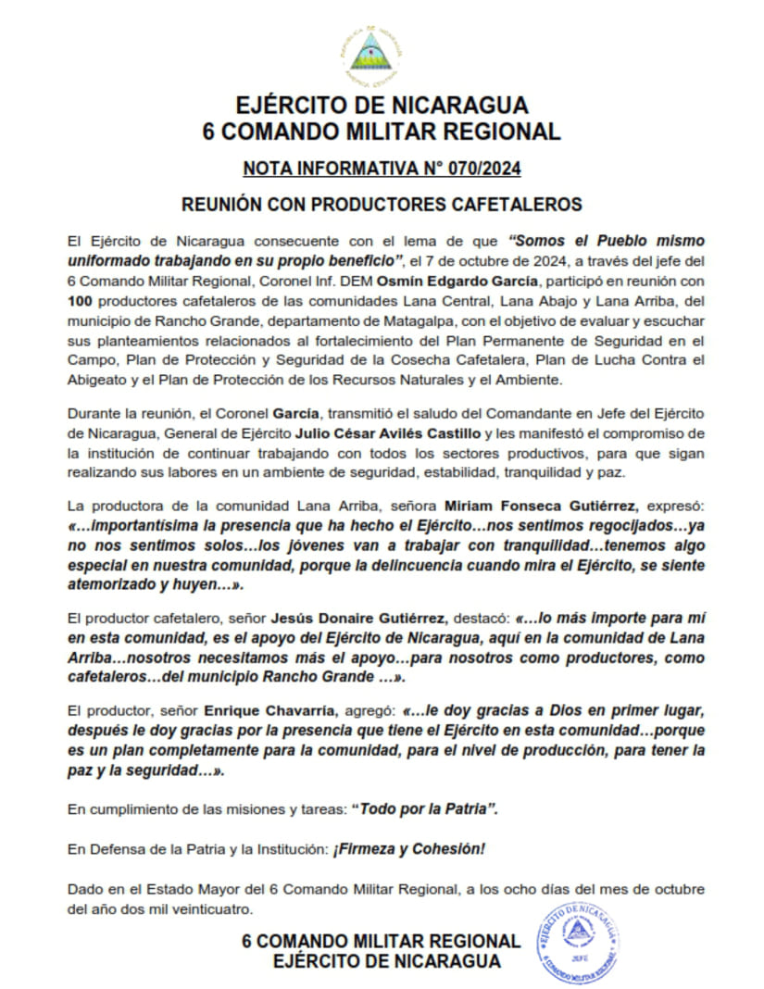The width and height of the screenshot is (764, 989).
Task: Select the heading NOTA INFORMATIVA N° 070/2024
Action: (x=381, y=169)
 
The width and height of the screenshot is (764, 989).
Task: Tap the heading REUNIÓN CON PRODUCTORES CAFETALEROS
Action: (x=381, y=204)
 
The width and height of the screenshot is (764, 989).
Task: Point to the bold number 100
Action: (x=82, y=301)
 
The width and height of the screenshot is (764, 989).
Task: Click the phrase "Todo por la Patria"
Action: (x=424, y=808)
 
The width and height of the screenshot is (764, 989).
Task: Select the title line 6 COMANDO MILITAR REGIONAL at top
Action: (x=381, y=131)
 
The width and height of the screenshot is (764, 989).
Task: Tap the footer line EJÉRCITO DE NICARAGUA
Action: (x=387, y=961)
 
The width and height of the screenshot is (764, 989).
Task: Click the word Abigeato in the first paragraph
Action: (x=98, y=380)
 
